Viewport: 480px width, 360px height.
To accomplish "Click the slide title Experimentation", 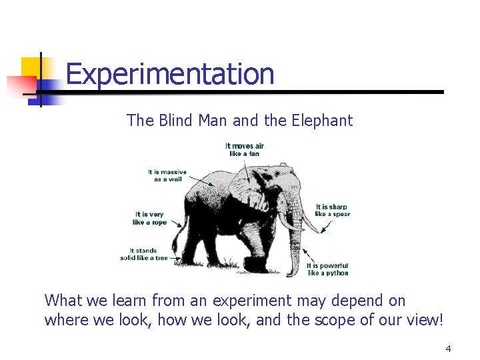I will pos(170,74).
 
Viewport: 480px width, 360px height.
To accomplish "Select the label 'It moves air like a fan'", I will pos(245,149).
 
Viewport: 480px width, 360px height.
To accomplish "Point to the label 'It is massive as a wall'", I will pos(167,175).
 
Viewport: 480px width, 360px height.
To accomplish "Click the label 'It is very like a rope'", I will pos(149,218).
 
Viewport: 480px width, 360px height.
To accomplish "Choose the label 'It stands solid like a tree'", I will pos(144,254).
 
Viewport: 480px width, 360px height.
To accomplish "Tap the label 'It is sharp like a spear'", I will pos(332,210).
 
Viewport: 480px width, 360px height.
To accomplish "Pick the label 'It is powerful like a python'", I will pos(327,269).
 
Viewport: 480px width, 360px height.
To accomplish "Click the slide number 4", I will pos(448,349).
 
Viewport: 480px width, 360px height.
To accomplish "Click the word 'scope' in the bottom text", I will pos(313,320).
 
